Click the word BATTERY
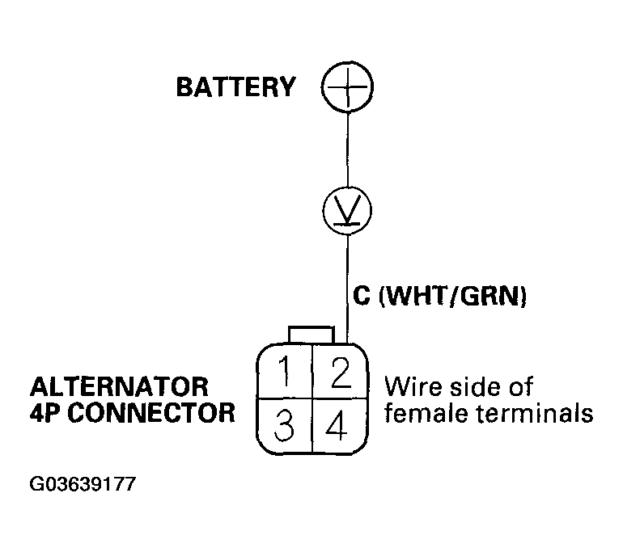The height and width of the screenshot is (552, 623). tap(236, 87)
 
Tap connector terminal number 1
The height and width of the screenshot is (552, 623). tap(284, 373)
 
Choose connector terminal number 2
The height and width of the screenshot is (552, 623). tap(341, 373)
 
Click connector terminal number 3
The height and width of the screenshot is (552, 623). tap(284, 426)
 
